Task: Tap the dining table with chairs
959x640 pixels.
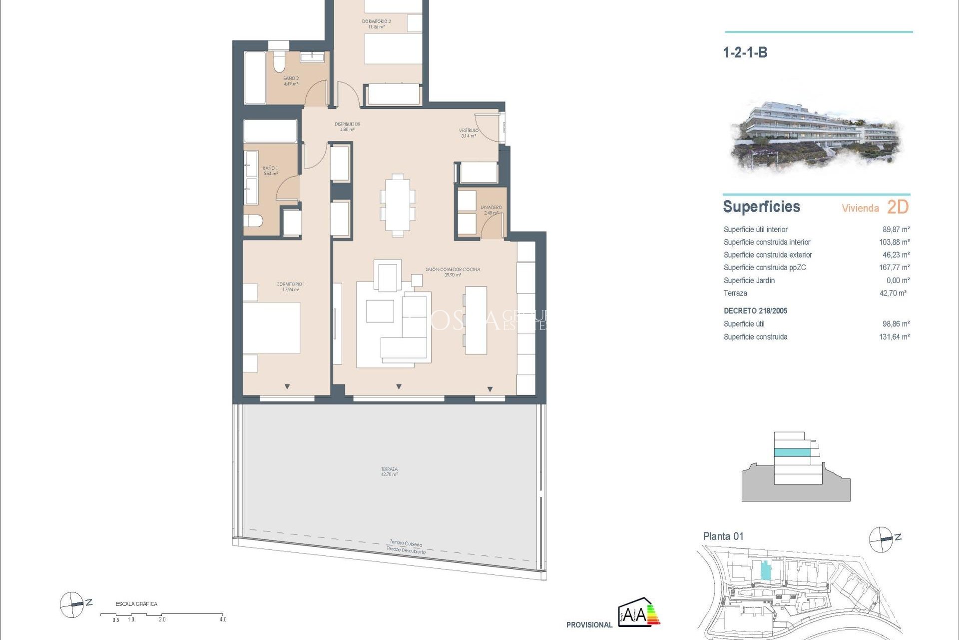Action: coord(398,205)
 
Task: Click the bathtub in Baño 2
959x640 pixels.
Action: coord(255,77)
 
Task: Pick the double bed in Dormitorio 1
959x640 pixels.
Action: coord(271,327)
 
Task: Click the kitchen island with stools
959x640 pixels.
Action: coord(476,320)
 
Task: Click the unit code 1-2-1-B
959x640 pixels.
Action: coord(745,52)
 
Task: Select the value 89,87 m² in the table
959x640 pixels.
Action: coord(896,229)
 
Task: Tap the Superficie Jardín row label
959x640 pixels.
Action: coord(749,280)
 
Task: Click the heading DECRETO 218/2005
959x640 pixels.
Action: coord(755,311)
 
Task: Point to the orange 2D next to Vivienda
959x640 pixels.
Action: coord(898,207)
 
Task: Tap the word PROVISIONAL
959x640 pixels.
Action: coord(589,625)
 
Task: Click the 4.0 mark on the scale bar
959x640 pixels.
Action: coord(223,619)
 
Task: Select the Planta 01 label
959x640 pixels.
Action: coord(723,536)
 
